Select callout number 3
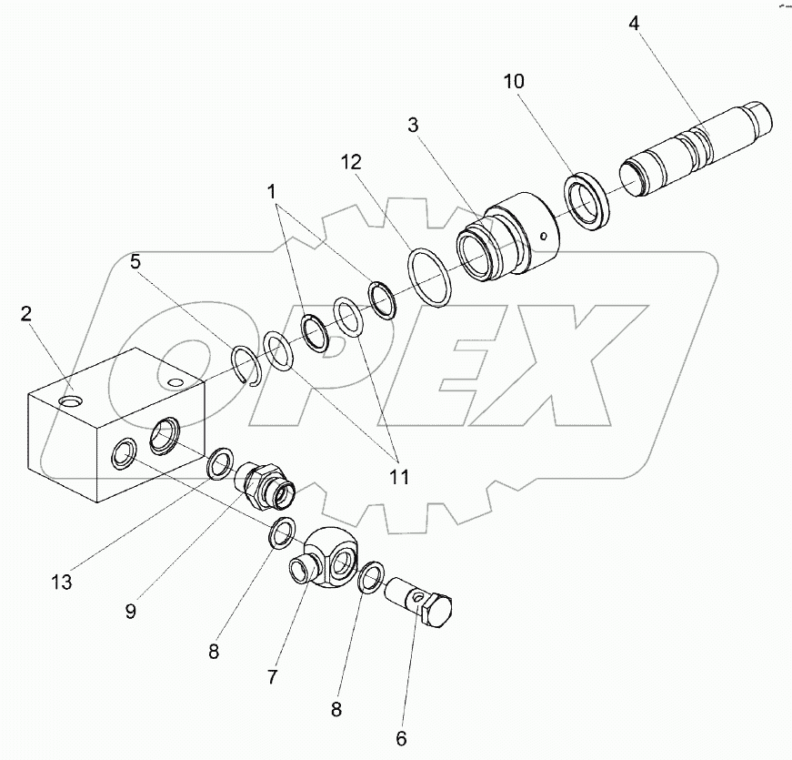tap(413, 126)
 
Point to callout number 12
tap(352, 163)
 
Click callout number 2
tap(27, 314)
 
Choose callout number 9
tap(130, 612)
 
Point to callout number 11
tap(397, 476)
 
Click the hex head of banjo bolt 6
tap(440, 613)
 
